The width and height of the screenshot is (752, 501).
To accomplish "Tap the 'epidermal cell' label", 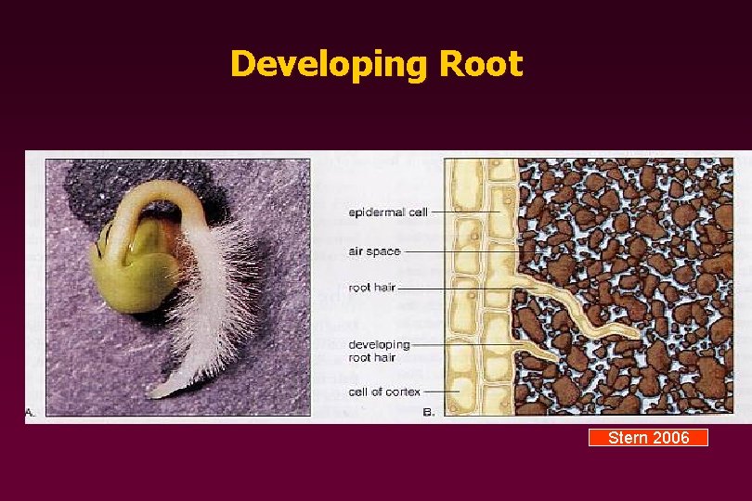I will click(388, 212).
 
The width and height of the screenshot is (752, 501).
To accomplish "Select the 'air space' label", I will click(373, 250).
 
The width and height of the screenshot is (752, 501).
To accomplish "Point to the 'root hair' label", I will click(371, 288).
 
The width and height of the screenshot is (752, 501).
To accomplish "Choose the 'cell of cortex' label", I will click(384, 392).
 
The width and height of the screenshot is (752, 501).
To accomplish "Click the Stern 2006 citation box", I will click(648, 438).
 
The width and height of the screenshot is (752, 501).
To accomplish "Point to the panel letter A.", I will click(31, 414).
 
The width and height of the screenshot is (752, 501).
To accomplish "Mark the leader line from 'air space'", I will click(464, 250).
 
